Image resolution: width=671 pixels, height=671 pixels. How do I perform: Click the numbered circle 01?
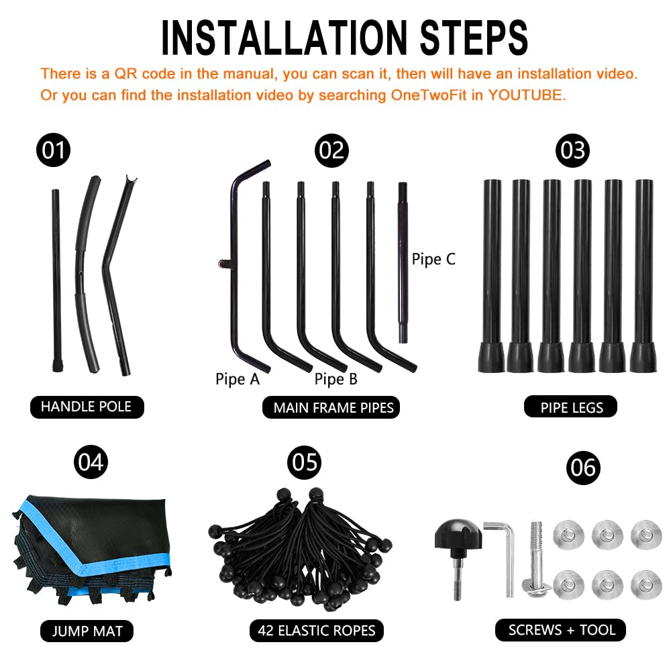(54, 150)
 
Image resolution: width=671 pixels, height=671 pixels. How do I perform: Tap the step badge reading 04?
(91, 462)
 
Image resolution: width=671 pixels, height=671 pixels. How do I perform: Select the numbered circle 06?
(583, 468)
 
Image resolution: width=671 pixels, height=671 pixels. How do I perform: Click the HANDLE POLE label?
(87, 407)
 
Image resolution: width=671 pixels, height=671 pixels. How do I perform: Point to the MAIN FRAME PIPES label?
(331, 407)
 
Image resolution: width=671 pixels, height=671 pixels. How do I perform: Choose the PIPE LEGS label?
(571, 407)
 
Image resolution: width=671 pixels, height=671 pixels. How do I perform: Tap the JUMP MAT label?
(87, 631)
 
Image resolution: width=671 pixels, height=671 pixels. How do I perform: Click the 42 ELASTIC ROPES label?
(316, 630)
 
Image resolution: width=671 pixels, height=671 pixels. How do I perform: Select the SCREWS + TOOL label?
(560, 630)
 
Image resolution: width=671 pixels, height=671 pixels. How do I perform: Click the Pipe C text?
(433, 259)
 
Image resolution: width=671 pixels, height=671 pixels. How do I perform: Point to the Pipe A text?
(238, 379)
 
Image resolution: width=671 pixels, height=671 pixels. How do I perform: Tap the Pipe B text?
(335, 379)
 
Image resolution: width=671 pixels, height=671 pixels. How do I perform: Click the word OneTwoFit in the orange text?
(428, 95)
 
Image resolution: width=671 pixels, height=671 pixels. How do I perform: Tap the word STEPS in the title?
(474, 38)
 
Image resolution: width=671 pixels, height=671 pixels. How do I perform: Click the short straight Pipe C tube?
(403, 262)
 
